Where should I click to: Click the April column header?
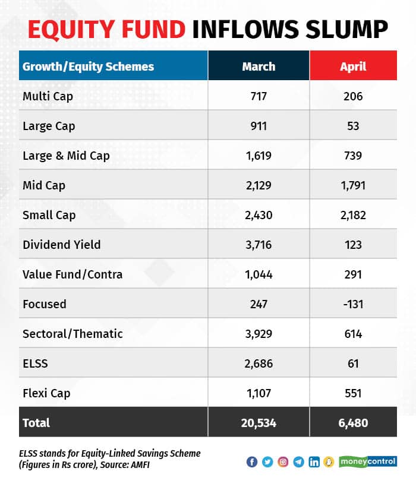(353, 66)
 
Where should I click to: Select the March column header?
(259, 66)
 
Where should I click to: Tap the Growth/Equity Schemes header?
(88, 66)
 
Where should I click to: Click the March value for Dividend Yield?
(259, 244)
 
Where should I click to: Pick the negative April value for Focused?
(353, 303)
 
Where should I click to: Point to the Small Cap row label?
(49, 214)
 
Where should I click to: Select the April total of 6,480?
(353, 423)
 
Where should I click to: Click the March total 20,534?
(259, 423)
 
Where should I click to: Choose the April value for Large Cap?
(353, 125)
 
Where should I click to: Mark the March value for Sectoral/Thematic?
(259, 333)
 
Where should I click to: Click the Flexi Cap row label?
(47, 393)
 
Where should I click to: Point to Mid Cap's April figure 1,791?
(353, 185)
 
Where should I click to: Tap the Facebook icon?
(252, 462)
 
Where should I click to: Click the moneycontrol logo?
(368, 461)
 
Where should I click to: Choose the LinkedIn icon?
(314, 462)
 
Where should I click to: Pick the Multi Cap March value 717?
(259, 96)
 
